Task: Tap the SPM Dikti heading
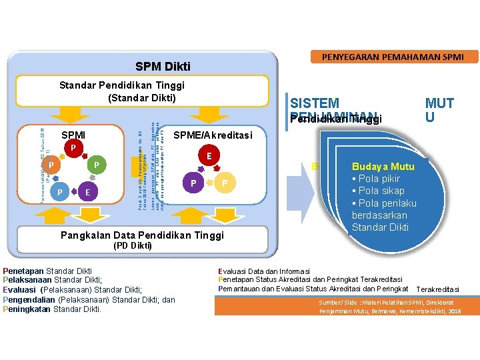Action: (163, 67)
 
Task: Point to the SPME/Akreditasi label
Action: (213, 135)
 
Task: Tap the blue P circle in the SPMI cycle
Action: (60, 193)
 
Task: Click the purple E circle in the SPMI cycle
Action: (87, 193)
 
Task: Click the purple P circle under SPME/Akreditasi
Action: (193, 183)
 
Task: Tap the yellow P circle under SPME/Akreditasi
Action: (225, 183)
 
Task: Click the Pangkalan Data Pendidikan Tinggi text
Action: (143, 235)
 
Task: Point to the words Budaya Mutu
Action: (383, 167)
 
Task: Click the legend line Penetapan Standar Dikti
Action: (47, 271)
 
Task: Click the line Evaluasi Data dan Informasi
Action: (264, 271)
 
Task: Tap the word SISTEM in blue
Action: (315, 103)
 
